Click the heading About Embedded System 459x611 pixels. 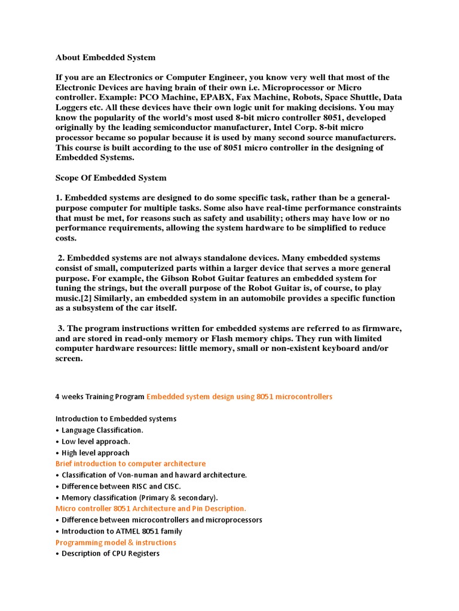(x=105, y=58)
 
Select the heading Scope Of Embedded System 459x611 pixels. (x=111, y=178)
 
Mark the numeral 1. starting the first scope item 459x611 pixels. (x=59, y=198)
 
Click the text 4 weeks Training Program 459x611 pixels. (x=100, y=397)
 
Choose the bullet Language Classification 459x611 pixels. (x=102, y=430)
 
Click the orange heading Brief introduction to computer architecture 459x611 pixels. (x=130, y=464)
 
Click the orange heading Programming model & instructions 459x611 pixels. (x=115, y=542)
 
